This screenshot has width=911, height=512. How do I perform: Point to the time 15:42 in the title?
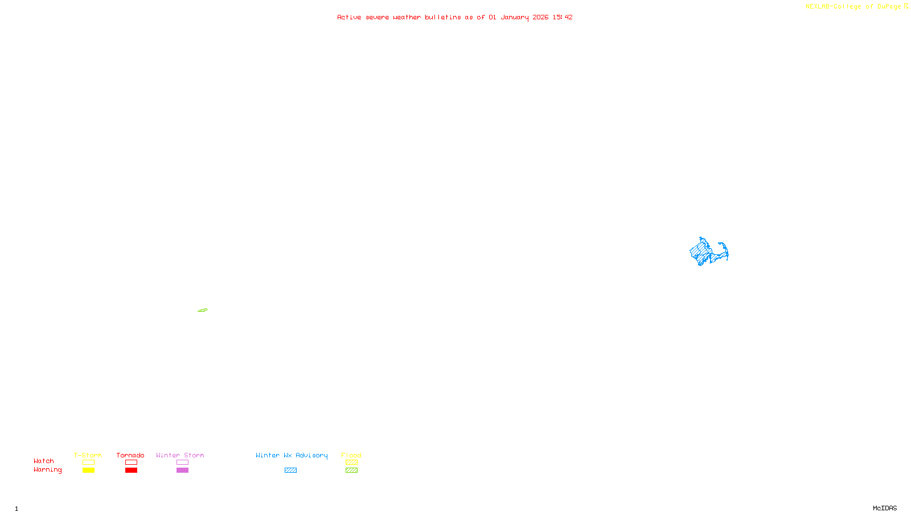pyautogui.click(x=562, y=17)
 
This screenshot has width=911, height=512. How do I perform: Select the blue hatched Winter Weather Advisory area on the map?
pyautogui.click(x=703, y=250)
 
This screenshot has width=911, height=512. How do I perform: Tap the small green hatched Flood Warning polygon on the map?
pyautogui.click(x=203, y=310)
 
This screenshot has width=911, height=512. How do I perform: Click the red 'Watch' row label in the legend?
pyautogui.click(x=44, y=461)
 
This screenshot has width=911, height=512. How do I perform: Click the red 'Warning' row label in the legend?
pyautogui.click(x=47, y=470)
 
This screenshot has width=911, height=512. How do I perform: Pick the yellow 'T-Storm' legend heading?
pyautogui.click(x=88, y=455)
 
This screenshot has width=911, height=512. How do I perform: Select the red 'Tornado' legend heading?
pyautogui.click(x=130, y=455)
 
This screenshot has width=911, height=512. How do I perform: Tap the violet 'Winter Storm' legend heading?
pyautogui.click(x=180, y=455)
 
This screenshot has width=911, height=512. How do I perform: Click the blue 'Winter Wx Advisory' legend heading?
pyautogui.click(x=292, y=455)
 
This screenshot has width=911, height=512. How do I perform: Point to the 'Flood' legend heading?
pyautogui.click(x=351, y=455)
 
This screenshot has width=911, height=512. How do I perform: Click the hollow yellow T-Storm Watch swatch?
pyautogui.click(x=88, y=463)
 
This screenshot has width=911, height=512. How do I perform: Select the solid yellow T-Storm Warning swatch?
pyautogui.click(x=88, y=470)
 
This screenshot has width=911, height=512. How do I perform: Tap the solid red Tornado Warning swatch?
pyautogui.click(x=131, y=470)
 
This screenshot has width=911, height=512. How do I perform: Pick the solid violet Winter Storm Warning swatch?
pyautogui.click(x=182, y=470)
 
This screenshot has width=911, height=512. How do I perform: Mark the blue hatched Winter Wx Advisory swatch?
pyautogui.click(x=290, y=470)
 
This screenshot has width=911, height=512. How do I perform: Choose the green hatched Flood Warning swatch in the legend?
pyautogui.click(x=351, y=470)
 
